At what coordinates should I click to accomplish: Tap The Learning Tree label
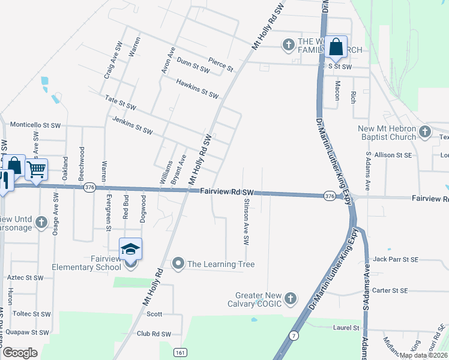(221, 264)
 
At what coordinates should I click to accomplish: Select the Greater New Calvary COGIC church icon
(291, 298)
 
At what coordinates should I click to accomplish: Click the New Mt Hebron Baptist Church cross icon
(425, 131)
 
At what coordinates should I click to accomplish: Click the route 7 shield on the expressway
(294, 336)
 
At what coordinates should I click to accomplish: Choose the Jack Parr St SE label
(395, 259)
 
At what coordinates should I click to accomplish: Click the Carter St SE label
(390, 290)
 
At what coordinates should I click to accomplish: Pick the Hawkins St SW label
(197, 88)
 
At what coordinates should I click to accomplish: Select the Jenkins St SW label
(133, 124)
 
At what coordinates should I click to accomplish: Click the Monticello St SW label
(35, 125)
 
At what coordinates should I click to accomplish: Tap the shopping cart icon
(37, 170)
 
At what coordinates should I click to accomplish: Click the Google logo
(19, 352)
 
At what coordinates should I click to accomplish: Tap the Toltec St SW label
(32, 314)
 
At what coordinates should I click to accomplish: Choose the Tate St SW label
(121, 102)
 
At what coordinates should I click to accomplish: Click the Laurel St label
(346, 328)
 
